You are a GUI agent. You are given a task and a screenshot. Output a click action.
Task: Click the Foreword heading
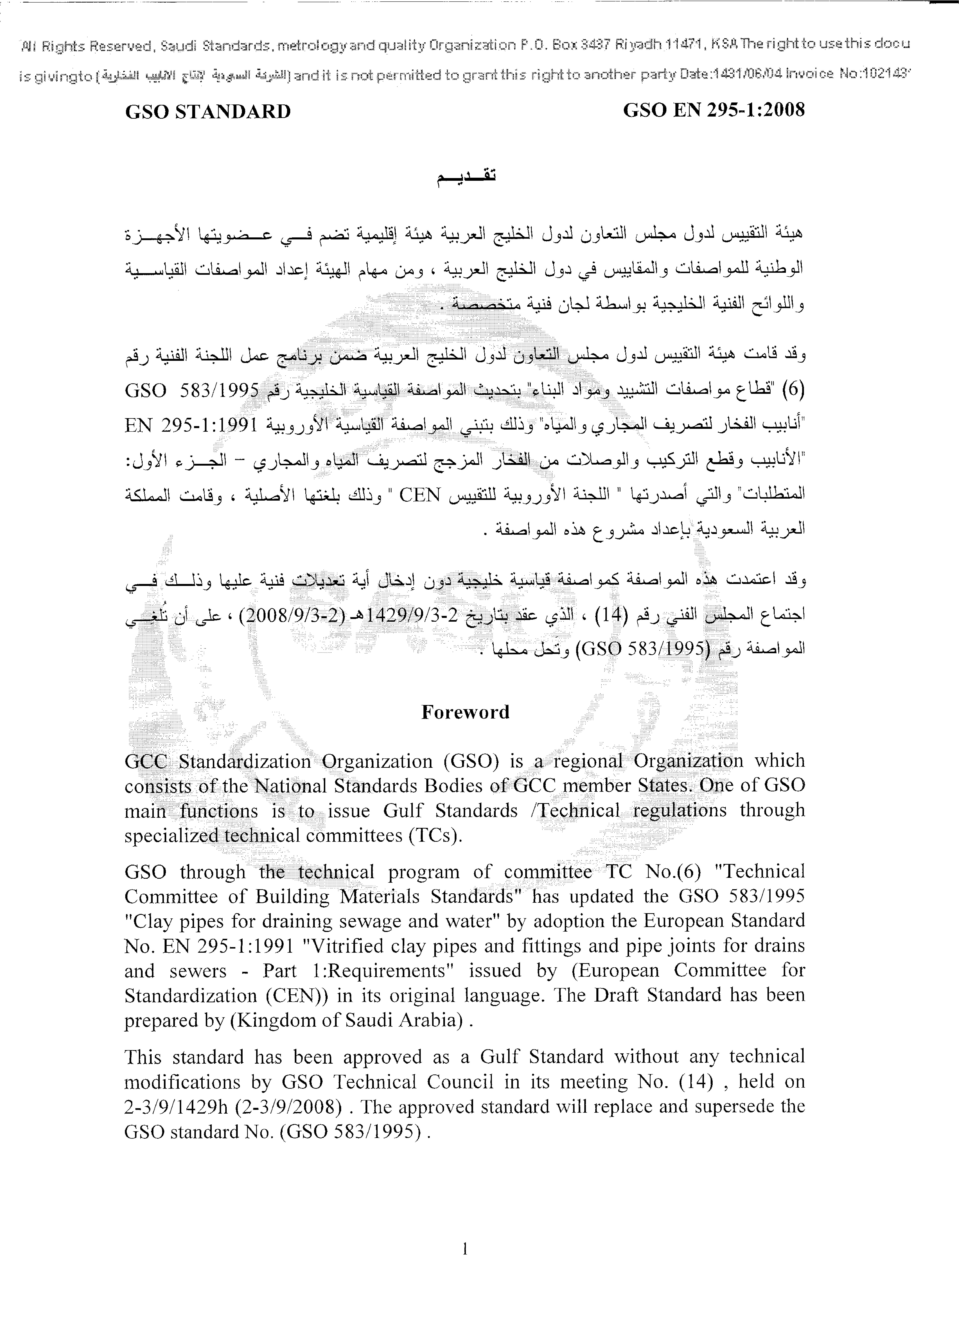click(465, 712)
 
